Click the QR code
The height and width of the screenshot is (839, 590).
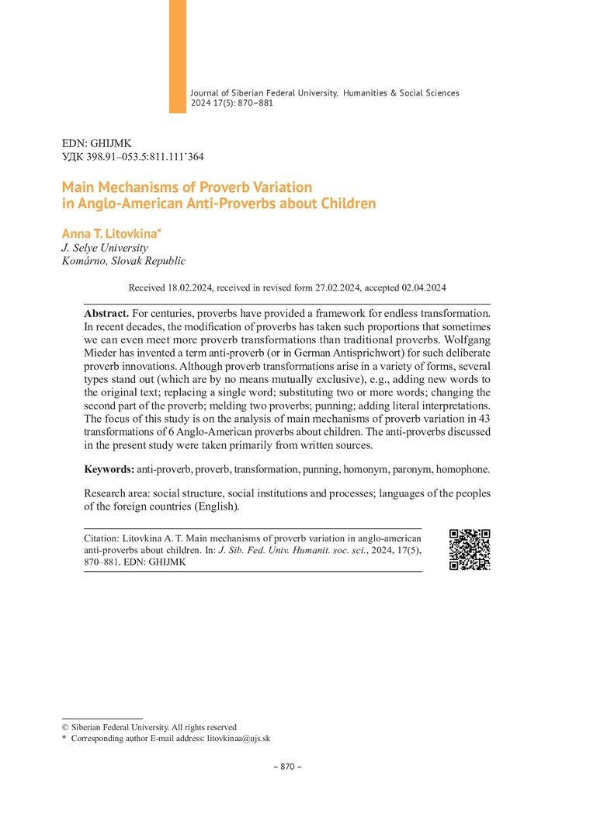(x=470, y=549)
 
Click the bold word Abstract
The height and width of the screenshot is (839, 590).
(x=107, y=313)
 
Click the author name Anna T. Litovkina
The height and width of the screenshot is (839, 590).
(x=110, y=233)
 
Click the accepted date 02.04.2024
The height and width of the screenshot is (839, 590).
(x=424, y=287)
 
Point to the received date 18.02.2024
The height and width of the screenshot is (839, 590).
(x=189, y=287)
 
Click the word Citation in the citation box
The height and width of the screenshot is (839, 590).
(x=102, y=538)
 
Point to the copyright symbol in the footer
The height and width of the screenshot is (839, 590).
(x=65, y=727)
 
